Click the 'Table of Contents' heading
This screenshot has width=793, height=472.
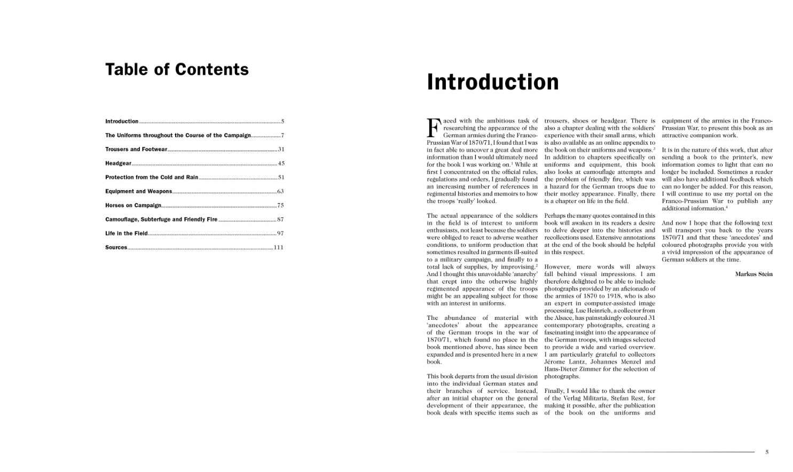pos(177,69)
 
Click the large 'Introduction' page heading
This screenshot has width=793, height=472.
pos(492,82)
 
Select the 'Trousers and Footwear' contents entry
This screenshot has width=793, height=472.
pos(136,150)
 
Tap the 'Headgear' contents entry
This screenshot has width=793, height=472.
pos(118,163)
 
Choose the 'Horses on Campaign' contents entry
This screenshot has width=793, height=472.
pos(133,206)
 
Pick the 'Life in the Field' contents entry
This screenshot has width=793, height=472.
pos(126,233)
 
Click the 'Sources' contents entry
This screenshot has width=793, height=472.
pos(116,247)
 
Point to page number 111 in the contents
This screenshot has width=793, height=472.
pos(278,247)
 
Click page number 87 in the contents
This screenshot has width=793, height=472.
pos(280,219)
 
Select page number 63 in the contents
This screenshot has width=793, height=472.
pos(280,191)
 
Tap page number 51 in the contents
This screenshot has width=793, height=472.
pos(281,177)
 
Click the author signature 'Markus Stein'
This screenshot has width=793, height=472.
pos(753,274)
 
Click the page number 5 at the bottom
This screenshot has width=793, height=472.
pos(767,452)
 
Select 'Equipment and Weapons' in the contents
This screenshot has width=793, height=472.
pos(138,191)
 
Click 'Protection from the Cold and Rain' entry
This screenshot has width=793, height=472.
pos(151,177)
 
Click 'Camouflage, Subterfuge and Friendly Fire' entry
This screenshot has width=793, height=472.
pos(161,219)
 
